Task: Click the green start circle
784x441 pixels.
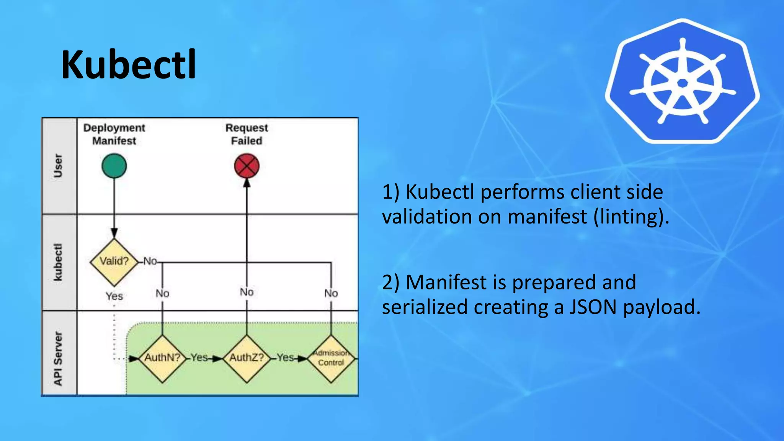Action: click(114, 166)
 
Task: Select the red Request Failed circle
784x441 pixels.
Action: click(247, 166)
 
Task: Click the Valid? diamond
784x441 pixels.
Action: click(114, 262)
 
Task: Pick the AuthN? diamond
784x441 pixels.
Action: click(162, 358)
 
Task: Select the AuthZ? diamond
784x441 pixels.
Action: click(247, 358)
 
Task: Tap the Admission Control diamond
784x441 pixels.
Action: click(331, 358)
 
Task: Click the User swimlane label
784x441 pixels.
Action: click(58, 166)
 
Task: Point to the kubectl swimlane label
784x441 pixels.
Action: click(58, 262)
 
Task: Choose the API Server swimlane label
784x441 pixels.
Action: click(58, 358)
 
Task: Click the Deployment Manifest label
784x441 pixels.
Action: click(114, 134)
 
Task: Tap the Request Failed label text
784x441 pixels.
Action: click(247, 134)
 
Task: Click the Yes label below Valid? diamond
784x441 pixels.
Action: click(114, 296)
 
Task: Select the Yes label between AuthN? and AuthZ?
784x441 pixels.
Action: click(199, 358)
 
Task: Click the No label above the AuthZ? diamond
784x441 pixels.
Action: click(247, 292)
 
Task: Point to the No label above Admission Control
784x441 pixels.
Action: click(331, 293)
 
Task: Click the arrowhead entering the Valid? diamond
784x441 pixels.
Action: click(114, 233)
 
